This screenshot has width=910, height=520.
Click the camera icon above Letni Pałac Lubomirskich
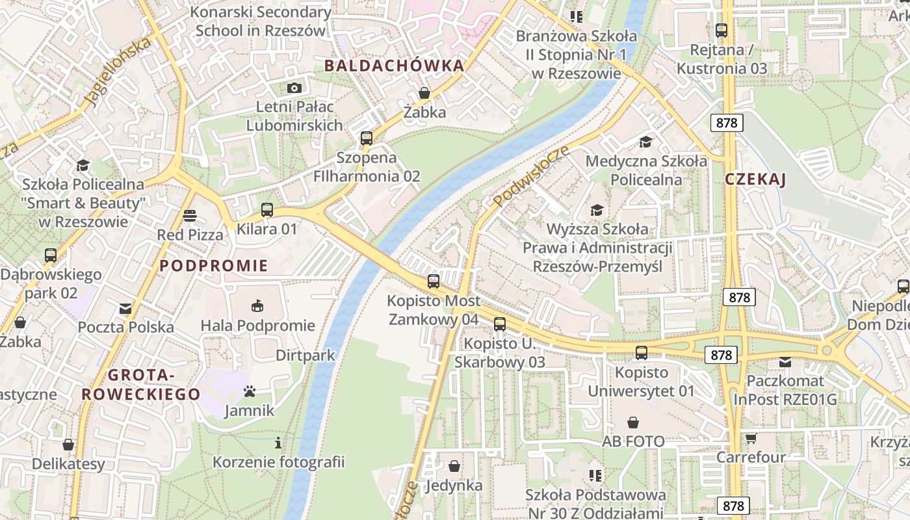294,88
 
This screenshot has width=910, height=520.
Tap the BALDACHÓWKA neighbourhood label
395,66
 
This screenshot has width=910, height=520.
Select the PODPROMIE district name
214,265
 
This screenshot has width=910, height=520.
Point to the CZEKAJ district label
755,180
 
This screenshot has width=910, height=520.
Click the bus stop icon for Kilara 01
266,210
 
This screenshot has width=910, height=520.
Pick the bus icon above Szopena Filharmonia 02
366,138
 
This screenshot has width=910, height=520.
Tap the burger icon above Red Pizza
190,215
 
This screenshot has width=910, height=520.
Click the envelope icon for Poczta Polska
125,309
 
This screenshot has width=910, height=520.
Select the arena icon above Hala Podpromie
257,305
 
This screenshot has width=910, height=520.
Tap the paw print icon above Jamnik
250,391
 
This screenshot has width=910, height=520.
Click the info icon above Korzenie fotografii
278,443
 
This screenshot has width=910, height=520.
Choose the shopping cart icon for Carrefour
751,438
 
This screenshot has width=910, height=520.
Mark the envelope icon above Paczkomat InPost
785,361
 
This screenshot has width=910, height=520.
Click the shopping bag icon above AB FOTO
633,422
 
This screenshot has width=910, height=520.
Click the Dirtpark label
305,355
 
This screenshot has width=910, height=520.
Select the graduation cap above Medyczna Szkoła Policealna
645,142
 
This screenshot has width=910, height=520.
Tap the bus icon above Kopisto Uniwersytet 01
642,353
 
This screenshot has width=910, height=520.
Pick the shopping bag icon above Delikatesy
68,445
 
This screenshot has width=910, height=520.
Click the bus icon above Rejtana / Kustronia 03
721,30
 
